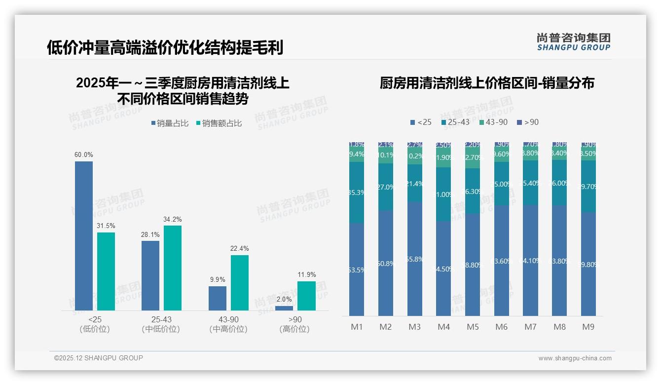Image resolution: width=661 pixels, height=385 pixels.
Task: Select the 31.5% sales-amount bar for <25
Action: pyautogui.click(x=106, y=271)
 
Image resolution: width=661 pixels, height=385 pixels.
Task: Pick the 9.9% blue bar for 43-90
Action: pyautogui.click(x=218, y=298)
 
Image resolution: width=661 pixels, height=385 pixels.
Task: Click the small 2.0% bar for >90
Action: pyautogui.click(x=284, y=308)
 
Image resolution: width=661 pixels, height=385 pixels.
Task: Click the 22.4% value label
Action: pyautogui.click(x=240, y=249)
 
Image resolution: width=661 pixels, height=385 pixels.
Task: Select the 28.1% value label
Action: pyautogui.click(x=150, y=235)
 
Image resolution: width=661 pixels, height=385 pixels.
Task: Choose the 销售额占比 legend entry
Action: pyautogui.click(x=219, y=123)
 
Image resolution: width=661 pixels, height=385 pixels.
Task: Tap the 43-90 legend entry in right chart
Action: pyautogui.click(x=493, y=122)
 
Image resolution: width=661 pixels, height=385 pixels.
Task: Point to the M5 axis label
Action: pyautogui.click(x=473, y=327)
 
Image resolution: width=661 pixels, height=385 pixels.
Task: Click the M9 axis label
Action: pyautogui.click(x=588, y=327)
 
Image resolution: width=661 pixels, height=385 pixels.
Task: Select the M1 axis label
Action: pyautogui.click(x=357, y=327)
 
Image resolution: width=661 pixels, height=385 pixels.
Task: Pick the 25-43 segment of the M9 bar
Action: pyautogui.click(x=588, y=186)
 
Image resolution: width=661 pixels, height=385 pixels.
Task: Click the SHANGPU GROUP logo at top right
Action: pyautogui.click(x=574, y=42)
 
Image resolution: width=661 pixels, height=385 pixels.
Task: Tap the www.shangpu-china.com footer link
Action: pyautogui.click(x=575, y=358)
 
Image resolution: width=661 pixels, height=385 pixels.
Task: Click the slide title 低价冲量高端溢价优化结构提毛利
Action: pyautogui.click(x=165, y=48)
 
